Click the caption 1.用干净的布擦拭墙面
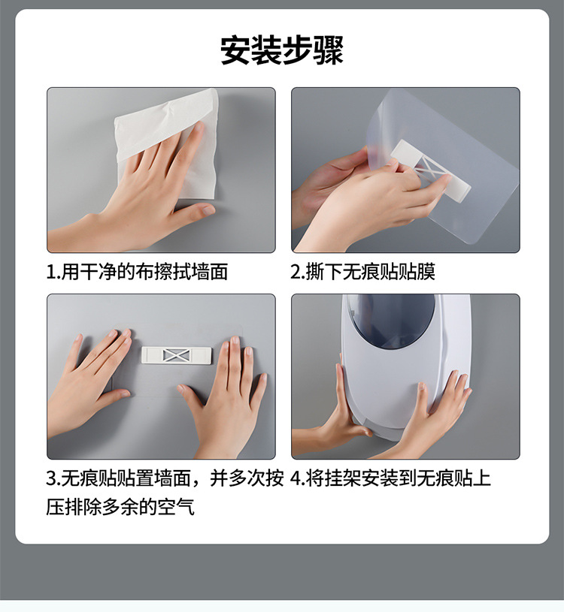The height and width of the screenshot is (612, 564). (137, 272)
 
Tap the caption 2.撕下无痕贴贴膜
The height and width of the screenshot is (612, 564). (363, 272)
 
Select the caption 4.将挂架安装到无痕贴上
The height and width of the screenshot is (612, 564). (390, 478)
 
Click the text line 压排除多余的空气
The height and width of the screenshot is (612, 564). (120, 507)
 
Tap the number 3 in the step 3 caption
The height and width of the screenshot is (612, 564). (51, 478)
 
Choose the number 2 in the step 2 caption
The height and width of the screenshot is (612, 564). (296, 272)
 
